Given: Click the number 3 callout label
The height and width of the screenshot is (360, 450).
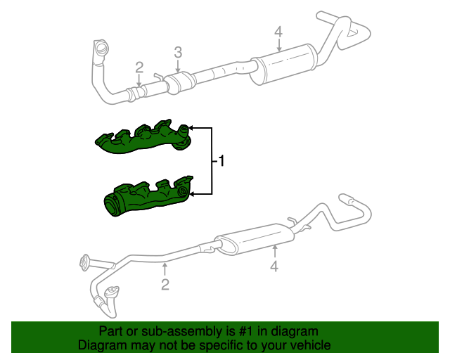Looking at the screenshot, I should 178,52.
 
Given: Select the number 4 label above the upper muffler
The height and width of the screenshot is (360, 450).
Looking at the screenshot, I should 278,32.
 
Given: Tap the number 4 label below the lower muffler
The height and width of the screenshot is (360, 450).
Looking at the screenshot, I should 274,266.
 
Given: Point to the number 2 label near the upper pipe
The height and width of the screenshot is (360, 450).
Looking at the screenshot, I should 139,67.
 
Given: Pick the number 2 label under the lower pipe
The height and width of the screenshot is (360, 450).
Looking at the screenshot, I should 165,284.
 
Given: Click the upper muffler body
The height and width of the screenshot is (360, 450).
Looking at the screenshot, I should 281,65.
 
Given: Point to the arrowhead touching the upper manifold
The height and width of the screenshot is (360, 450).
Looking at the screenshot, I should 191,129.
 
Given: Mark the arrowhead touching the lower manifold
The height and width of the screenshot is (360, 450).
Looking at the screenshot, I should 191,192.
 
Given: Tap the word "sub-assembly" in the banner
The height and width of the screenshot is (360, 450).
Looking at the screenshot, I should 167,331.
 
